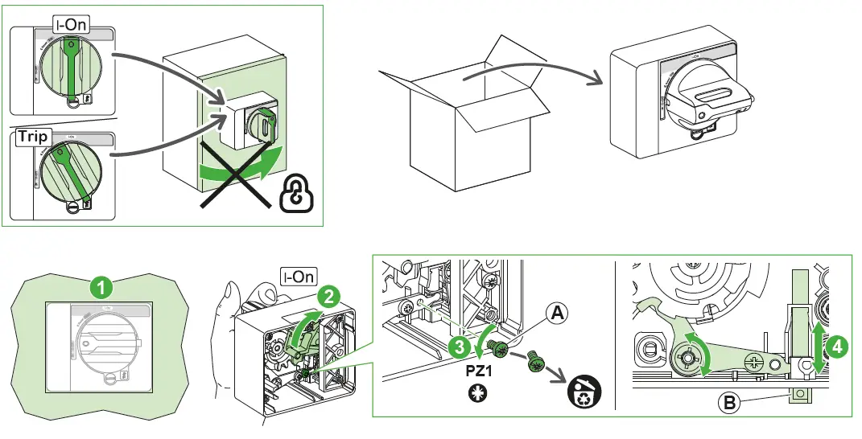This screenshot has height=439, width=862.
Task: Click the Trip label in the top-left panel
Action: coord(33,137)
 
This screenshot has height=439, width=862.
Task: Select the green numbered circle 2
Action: coord(327,295)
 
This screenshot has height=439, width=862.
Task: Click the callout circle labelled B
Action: coord(729,403)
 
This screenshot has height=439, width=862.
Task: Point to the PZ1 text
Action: coord(480,375)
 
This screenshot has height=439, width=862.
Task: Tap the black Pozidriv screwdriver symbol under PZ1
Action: coord(479,396)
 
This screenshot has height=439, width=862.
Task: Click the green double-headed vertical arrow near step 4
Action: coord(818,348)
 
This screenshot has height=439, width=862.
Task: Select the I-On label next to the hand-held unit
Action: coord(298,277)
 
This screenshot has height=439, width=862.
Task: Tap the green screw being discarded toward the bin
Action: coord(534,364)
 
